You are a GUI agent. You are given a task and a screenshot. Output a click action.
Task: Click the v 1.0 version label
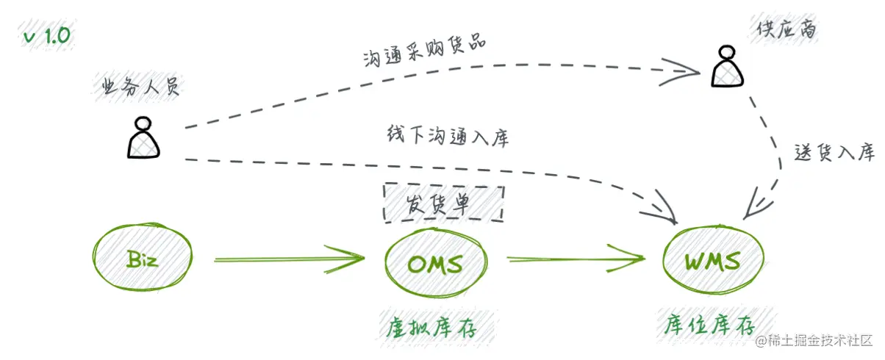click(48, 37)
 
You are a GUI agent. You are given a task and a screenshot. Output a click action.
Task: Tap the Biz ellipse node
click(141, 259)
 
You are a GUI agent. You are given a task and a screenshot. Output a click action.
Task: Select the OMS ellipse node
click(435, 262)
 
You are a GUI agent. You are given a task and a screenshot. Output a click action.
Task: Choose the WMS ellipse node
click(712, 260)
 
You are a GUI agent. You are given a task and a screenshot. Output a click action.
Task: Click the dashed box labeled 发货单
click(443, 204)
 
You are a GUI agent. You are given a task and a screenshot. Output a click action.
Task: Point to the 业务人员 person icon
click(143, 139)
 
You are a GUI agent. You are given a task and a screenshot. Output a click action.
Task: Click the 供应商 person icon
click(727, 67)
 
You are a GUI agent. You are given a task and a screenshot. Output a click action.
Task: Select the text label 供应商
click(786, 30)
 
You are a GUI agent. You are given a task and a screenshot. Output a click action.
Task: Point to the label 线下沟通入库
click(447, 137)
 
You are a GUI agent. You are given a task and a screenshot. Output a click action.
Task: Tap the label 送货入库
click(834, 153)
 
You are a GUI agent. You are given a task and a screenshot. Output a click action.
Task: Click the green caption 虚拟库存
click(431, 325)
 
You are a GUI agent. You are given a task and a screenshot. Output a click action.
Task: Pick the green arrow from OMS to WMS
click(576, 259)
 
